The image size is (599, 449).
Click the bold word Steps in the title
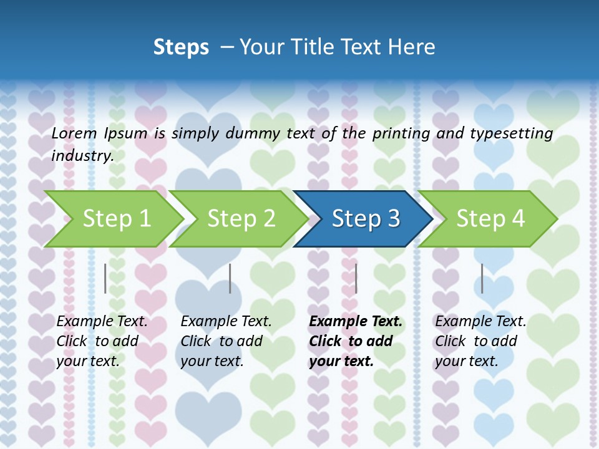pyautogui.click(x=181, y=47)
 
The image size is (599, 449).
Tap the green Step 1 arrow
pyautogui.click(x=116, y=219)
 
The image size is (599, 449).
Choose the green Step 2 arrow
pyautogui.click(x=241, y=219)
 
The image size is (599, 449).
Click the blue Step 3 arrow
pyautogui.click(x=365, y=219)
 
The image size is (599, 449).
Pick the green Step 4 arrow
pyautogui.click(x=490, y=219)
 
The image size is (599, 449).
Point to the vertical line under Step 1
pyautogui.click(x=105, y=278)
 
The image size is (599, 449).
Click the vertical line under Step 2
pyautogui.click(x=230, y=278)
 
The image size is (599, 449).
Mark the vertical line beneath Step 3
pyautogui.click(x=356, y=278)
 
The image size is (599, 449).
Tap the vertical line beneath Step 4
pyautogui.click(x=482, y=278)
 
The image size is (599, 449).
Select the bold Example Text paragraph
pyautogui.click(x=355, y=341)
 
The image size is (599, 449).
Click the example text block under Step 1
pyautogui.click(x=102, y=341)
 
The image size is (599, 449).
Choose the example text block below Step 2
pyautogui.click(x=226, y=341)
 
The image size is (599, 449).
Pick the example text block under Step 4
pyautogui.click(x=480, y=341)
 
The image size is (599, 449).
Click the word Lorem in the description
pyautogui.click(x=74, y=133)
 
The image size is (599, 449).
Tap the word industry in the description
pyautogui.click(x=82, y=156)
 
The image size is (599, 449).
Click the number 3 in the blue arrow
pyautogui.click(x=394, y=219)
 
